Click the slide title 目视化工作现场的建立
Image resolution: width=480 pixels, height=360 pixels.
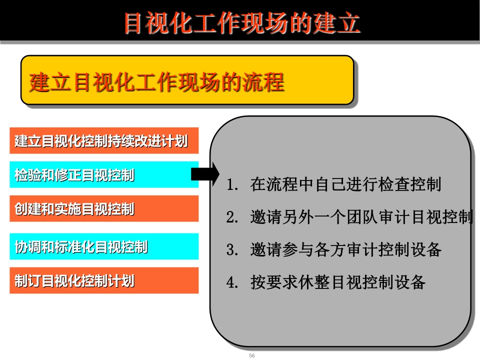pyautogui.click(x=242, y=23)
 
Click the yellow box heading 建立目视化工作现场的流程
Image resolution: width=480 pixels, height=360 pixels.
pyautogui.click(x=156, y=82)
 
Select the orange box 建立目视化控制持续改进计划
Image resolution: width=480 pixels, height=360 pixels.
pyautogui.click(x=104, y=140)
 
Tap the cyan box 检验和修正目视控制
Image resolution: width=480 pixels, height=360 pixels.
pyautogui.click(x=104, y=174)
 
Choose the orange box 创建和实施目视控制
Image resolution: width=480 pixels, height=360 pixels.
pyautogui.click(x=104, y=208)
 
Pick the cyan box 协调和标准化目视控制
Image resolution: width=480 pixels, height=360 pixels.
pyautogui.click(x=104, y=246)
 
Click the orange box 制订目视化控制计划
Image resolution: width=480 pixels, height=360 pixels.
pyautogui.click(x=104, y=280)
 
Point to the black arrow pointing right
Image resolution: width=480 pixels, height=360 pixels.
pyautogui.click(x=205, y=174)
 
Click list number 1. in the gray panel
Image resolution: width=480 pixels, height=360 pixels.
pyautogui.click(x=232, y=184)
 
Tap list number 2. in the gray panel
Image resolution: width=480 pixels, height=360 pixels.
pyautogui.click(x=232, y=217)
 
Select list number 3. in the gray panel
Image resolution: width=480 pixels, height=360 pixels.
pyautogui.click(x=232, y=250)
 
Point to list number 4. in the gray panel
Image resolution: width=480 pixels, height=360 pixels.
pyautogui.click(x=232, y=282)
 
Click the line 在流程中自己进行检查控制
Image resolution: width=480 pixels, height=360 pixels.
pyautogui.click(x=345, y=184)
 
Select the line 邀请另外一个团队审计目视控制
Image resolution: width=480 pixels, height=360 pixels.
pyautogui.click(x=361, y=217)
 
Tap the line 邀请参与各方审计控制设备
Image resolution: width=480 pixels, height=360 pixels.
pyautogui.click(x=345, y=250)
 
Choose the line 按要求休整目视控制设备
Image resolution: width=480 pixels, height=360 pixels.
pyautogui.click(x=337, y=282)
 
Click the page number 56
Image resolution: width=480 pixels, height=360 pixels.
pyautogui.click(x=252, y=355)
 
